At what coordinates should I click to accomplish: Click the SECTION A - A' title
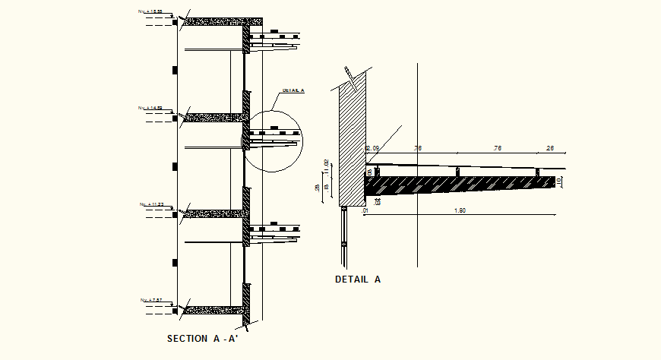(204, 339)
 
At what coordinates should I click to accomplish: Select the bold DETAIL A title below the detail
(358, 279)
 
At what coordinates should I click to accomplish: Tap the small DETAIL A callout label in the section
(293, 90)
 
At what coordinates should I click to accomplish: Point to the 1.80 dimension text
(460, 210)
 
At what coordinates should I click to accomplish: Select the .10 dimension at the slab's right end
(560, 181)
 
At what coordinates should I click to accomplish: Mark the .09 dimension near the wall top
(374, 147)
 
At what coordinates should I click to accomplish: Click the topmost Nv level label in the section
(150, 13)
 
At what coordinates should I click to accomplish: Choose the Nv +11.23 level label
(150, 204)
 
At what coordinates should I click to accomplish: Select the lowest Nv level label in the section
(150, 300)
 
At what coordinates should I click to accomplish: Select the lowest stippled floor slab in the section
(217, 310)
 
